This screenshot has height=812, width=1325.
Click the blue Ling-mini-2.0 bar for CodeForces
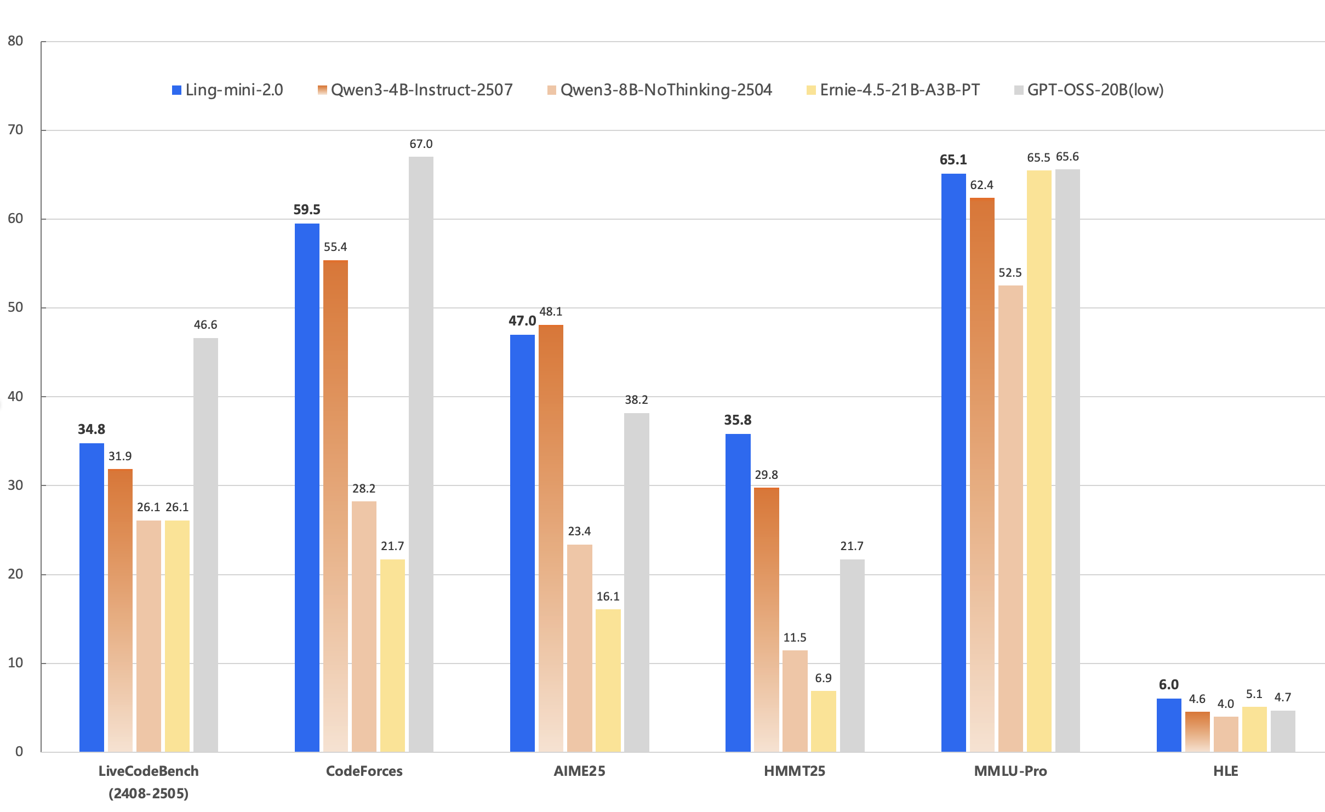pyautogui.click(x=307, y=488)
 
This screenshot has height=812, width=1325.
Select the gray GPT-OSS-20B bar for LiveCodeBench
pyautogui.click(x=205, y=545)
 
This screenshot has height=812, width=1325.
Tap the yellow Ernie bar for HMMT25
pyautogui.click(x=823, y=721)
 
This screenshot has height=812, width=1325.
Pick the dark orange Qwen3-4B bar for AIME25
pyautogui.click(x=551, y=538)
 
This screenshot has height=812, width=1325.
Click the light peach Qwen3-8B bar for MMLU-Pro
pyautogui.click(x=1010, y=518)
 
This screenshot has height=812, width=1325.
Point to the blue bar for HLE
pyautogui.click(x=1169, y=725)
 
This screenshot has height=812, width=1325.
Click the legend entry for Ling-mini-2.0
pyautogui.click(x=227, y=90)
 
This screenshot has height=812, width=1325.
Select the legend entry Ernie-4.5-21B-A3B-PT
pyautogui.click(x=893, y=90)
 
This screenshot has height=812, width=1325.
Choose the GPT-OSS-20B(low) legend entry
pyautogui.click(x=1089, y=90)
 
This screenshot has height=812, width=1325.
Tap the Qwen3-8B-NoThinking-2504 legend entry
pyautogui.click(x=660, y=90)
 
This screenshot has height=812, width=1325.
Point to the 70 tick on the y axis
pyautogui.click(x=15, y=130)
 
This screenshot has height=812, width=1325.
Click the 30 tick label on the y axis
pyautogui.click(x=15, y=485)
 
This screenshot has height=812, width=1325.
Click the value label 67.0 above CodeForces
pyautogui.click(x=421, y=144)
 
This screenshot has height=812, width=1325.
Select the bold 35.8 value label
pyautogui.click(x=738, y=420)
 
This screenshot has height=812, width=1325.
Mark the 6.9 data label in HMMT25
pyautogui.click(x=823, y=678)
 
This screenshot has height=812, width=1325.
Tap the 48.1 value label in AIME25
pyautogui.click(x=551, y=312)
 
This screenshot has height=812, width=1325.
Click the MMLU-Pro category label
pyautogui.click(x=1010, y=771)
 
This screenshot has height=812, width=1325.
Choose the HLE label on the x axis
pyautogui.click(x=1226, y=771)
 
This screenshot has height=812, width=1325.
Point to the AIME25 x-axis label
pyautogui.click(x=579, y=771)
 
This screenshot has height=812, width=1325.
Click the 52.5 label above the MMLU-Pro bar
pyautogui.click(x=1010, y=273)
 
